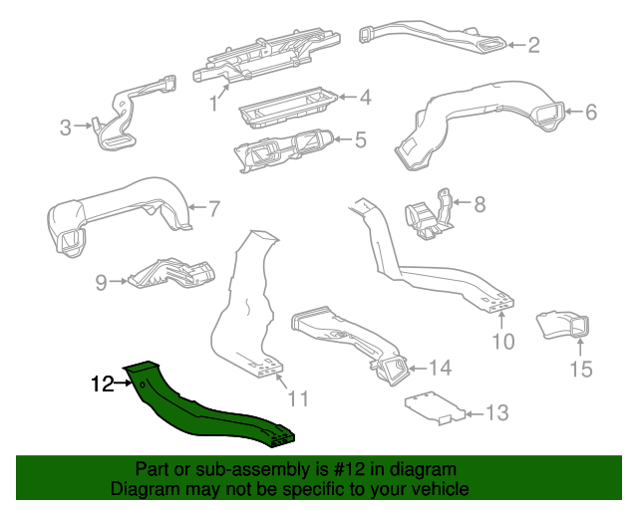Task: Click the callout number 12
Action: [x=103, y=382]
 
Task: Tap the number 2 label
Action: [x=533, y=44]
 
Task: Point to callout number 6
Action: [x=590, y=113]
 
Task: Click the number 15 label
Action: [x=580, y=371]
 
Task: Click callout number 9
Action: [x=101, y=283]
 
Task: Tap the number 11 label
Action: [x=298, y=399]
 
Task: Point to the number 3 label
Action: [x=65, y=127]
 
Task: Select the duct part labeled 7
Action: [x=120, y=213]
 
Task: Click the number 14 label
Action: [x=440, y=368]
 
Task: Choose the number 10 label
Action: [x=502, y=342]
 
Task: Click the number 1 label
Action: [x=212, y=104]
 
